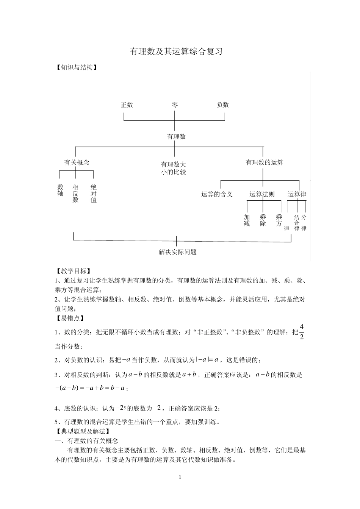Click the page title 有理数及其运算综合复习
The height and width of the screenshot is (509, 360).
[x=176, y=52]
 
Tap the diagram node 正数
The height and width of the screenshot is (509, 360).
[x=127, y=105]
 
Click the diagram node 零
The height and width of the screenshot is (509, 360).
[x=175, y=105]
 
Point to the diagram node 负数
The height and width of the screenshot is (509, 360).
[x=223, y=105]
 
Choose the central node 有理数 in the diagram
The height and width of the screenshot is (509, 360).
[x=176, y=136]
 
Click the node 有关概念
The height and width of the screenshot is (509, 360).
[x=77, y=162]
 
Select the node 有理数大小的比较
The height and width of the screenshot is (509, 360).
[x=174, y=168]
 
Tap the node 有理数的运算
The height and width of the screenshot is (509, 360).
[x=265, y=162]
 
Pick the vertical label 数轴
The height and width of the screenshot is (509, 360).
[x=60, y=190]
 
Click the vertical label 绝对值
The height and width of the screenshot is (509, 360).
[x=94, y=194]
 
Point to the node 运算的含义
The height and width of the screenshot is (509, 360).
[x=217, y=194]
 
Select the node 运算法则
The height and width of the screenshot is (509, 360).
[x=262, y=194]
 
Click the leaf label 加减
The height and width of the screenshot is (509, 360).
[x=247, y=220]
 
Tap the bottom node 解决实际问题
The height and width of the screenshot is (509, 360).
[x=178, y=252]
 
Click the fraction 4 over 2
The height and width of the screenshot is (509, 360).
[x=302, y=332]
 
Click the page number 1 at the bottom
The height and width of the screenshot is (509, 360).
[x=180, y=477]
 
